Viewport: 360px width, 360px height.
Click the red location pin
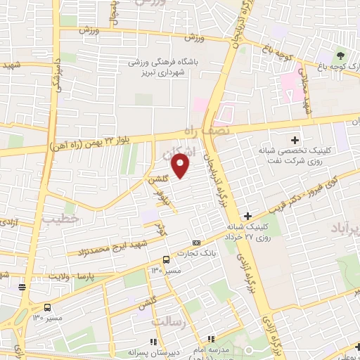(181, 167)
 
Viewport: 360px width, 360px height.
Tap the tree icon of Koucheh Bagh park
(341, 56)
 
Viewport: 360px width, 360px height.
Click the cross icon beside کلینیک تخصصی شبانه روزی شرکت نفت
(295, 141)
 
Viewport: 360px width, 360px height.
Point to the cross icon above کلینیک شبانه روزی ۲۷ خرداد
(247, 215)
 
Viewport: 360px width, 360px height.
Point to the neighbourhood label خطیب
(58, 219)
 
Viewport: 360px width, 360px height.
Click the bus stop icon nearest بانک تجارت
(166, 259)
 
